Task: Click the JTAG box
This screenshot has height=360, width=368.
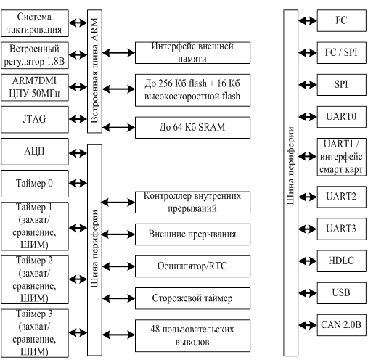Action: coord(35,120)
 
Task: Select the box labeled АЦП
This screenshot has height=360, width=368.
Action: coord(35,152)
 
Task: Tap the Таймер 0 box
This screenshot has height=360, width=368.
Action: coord(35,184)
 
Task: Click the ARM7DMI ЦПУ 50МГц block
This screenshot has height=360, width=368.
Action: coord(35,88)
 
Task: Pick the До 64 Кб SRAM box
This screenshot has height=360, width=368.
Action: coord(192,128)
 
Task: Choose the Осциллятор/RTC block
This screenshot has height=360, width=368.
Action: coord(192,266)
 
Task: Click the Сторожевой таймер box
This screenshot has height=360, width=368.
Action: coord(192,298)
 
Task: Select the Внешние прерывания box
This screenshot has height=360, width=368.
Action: coord(192,234)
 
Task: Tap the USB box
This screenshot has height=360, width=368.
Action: coord(342,293)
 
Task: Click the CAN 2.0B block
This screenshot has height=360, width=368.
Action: coord(342,325)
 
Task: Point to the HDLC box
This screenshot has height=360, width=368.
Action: coord(342,261)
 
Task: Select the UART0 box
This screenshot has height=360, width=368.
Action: coord(342,117)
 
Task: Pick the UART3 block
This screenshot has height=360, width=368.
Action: coord(342,229)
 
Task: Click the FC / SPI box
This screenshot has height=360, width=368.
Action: coord(342,53)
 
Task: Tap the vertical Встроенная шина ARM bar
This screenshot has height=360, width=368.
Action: coord(94,71)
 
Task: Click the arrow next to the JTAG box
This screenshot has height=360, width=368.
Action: coord(78,119)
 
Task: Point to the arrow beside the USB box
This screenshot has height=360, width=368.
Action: coord(308,293)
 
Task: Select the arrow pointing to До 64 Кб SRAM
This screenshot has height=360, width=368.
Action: coord(118,128)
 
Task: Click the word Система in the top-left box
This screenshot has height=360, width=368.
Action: coord(34,17)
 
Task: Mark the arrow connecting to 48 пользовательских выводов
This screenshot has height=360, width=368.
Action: coord(118,335)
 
